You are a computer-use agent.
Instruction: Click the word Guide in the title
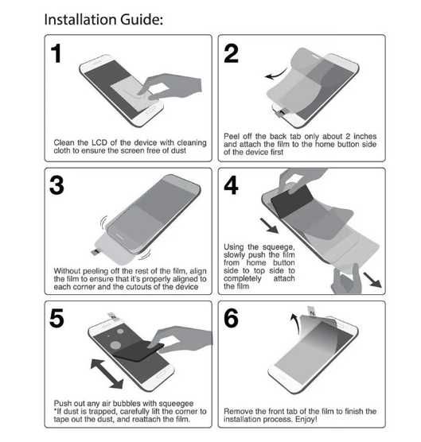[x=142, y=20]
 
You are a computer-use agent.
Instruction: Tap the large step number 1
[x=57, y=53]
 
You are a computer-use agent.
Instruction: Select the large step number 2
[x=231, y=53]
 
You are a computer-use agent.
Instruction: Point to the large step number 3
[x=57, y=185]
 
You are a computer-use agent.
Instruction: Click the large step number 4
[x=231, y=185]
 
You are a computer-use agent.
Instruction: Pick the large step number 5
[x=57, y=318]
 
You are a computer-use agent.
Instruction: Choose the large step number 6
[x=231, y=318]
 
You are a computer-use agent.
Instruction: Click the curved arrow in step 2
[x=277, y=75]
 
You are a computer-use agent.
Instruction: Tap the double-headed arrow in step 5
[x=107, y=374]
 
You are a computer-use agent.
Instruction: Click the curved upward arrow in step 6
[x=296, y=322]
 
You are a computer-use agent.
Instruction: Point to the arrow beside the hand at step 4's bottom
[x=372, y=280]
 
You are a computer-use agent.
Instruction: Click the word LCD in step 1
[x=99, y=142]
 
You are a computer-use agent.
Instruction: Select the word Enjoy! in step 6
[x=306, y=419]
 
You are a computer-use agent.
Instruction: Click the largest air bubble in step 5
[x=115, y=345]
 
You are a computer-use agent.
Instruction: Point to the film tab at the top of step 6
[x=313, y=312]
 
